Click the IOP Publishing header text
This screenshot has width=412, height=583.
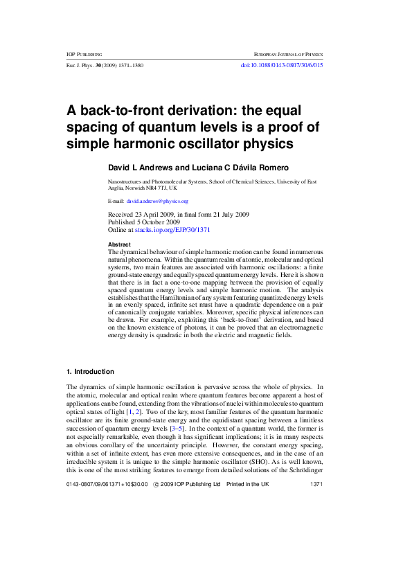[x=84, y=53]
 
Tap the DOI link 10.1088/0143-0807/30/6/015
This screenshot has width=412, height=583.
[x=281, y=65]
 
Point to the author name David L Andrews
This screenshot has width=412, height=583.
[x=141, y=168]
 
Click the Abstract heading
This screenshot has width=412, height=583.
[x=120, y=245]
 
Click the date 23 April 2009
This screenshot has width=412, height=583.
[x=156, y=215]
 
